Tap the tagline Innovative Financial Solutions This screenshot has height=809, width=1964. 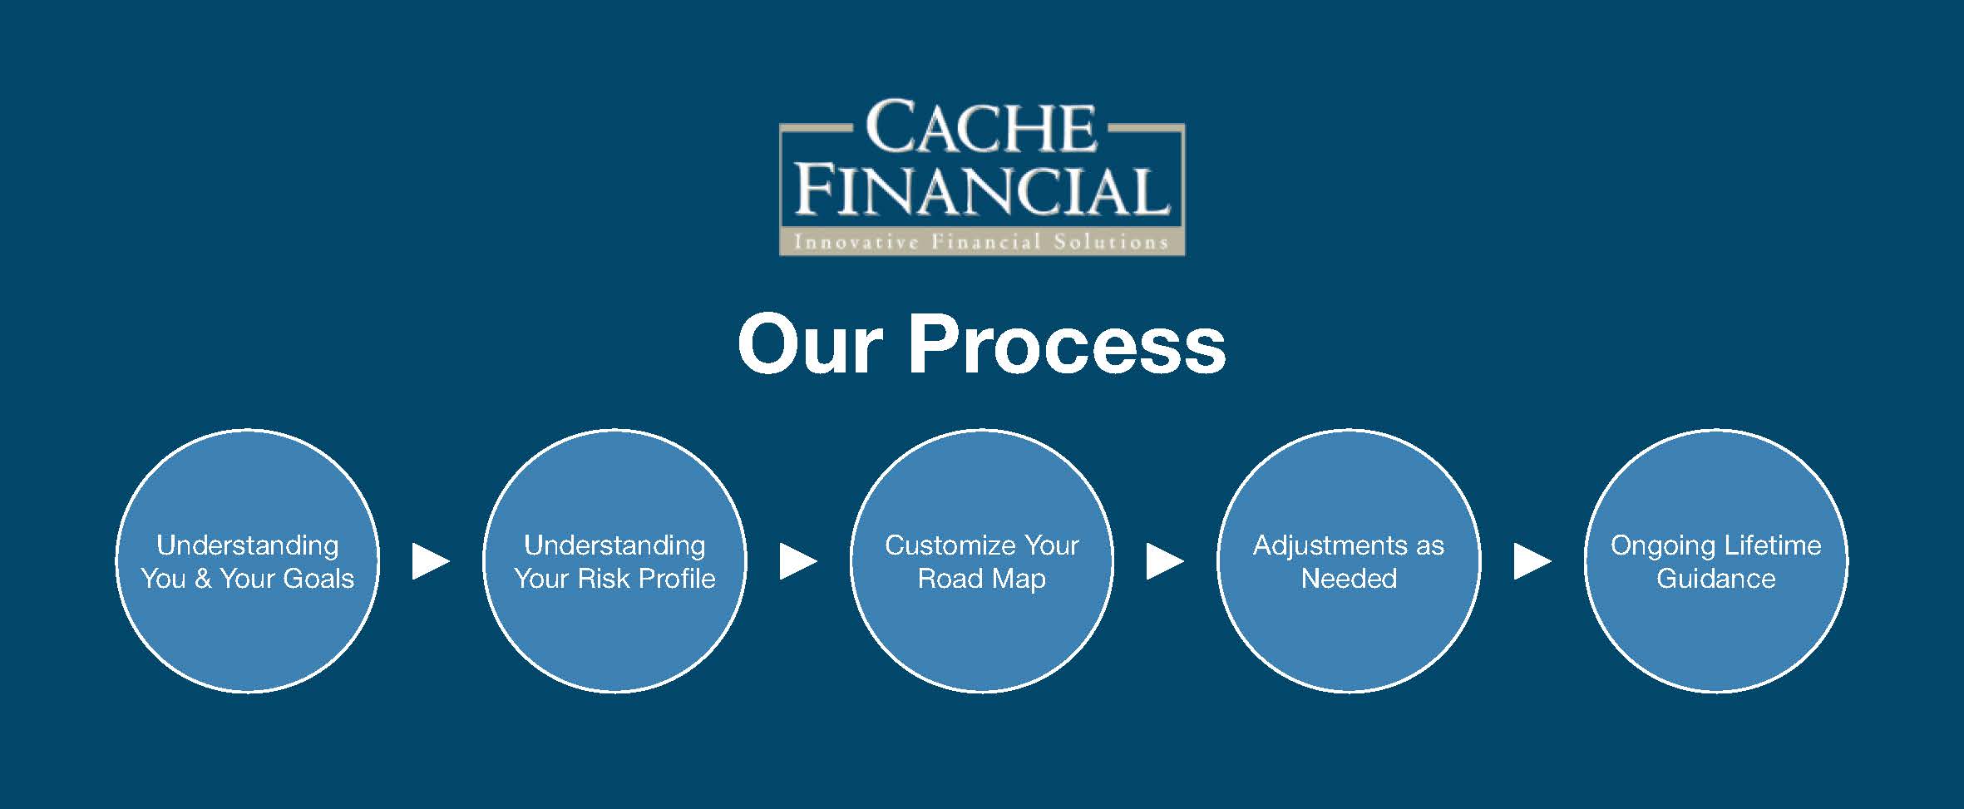coord(981,242)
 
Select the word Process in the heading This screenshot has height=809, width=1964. coord(1067,344)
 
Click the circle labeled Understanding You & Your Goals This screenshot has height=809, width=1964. coord(247,560)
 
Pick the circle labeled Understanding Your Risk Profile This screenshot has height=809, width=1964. coord(614,560)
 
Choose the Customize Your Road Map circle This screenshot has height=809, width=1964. coord(981,560)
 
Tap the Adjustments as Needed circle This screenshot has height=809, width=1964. coord(1349,560)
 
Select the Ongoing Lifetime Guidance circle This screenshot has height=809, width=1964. coord(1716,560)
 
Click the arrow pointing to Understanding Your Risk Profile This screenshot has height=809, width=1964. coord(431,561)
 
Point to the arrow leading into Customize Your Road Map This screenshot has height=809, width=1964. coord(798,561)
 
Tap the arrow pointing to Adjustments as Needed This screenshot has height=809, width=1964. coord(1165,561)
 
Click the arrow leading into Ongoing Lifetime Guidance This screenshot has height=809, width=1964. coord(1532,561)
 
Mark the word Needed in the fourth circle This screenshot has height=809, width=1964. coord(1349,578)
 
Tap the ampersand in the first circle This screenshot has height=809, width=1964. coord(202,578)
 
